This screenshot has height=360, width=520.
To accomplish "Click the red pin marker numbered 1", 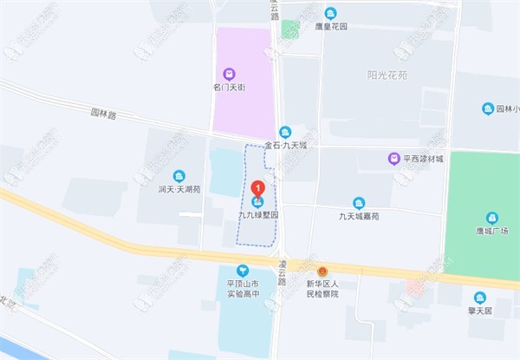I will pos(257,189).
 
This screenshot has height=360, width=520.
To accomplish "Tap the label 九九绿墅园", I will pos(257,214).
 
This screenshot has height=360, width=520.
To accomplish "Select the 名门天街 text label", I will pos(230,88).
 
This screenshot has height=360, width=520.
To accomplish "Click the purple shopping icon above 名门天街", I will pos(230,74).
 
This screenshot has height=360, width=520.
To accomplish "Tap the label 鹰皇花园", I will pos(330,27).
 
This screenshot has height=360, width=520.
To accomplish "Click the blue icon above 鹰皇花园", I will pos(330,13).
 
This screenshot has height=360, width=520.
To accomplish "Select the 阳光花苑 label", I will pos(385,75).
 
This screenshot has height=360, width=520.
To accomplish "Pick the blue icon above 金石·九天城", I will pos(285,131).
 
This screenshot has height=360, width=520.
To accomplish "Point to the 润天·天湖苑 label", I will pos(179,188).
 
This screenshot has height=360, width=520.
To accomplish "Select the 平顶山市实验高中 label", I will pos(243,289).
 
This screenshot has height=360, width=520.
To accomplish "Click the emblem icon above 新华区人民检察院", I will pos(322,272).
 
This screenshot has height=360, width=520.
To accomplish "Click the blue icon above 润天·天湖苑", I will pos(179,174).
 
